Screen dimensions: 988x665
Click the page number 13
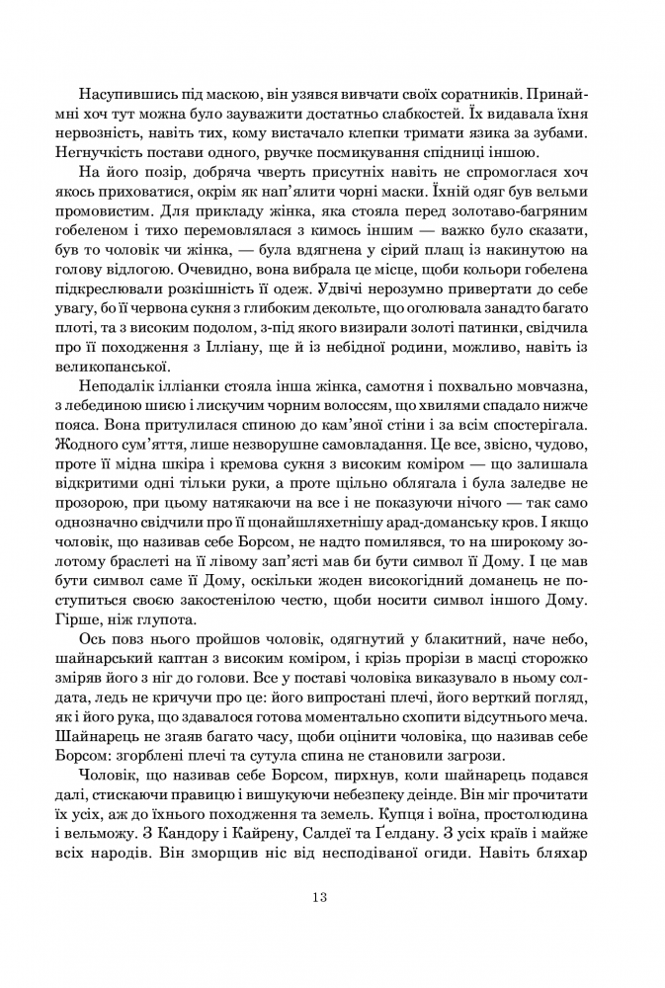318,925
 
